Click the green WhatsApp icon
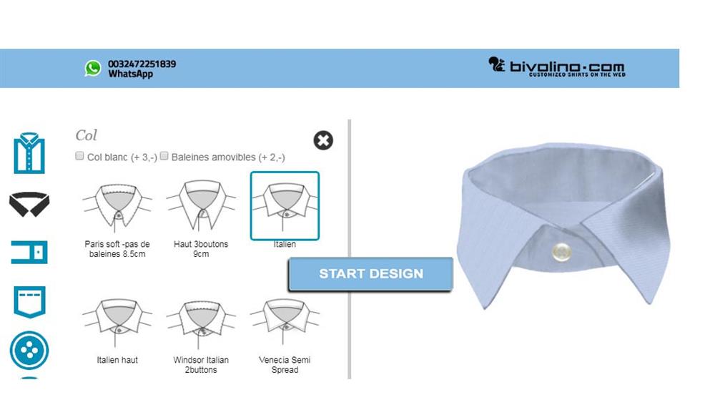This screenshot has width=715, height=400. click(93, 69)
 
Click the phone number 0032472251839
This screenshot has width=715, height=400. click(142, 64)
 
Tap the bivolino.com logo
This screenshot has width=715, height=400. click(557, 67)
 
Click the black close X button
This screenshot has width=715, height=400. click(323, 140)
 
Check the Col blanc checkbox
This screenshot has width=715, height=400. click(79, 156)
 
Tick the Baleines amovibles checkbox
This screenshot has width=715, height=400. click(164, 156)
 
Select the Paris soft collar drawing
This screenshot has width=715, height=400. click(117, 208)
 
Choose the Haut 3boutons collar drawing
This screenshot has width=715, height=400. click(201, 205)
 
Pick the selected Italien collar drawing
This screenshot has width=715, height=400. click(285, 205)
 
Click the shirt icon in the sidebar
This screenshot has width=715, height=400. click(29, 153)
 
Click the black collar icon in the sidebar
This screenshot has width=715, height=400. click(29, 204)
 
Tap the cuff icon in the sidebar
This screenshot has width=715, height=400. click(29, 252)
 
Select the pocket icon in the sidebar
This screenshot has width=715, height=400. click(29, 301)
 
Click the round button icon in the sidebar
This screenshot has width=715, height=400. click(29, 351)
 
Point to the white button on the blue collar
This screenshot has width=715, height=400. click(561, 251)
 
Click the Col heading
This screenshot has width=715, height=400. click(87, 135)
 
